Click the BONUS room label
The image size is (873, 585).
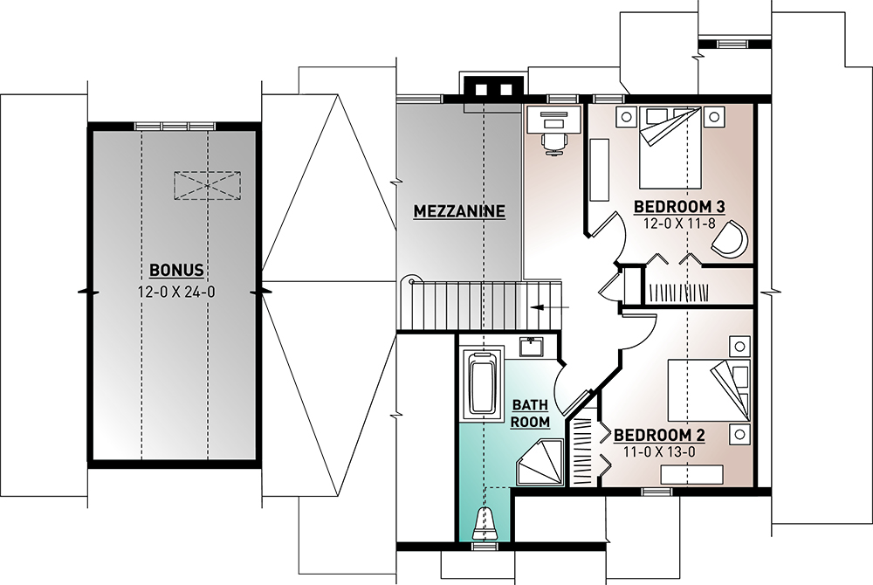(176, 271)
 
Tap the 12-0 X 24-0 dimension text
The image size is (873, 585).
(176, 292)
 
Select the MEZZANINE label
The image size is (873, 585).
(459, 211)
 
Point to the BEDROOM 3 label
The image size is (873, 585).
(679, 207)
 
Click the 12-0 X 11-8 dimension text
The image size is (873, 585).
(679, 224)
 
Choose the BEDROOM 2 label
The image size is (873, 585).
(659, 436)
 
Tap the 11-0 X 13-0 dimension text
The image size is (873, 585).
(659, 452)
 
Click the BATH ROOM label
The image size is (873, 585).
(530, 413)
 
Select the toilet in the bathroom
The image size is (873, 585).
(485, 524)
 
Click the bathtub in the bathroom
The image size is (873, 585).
(482, 382)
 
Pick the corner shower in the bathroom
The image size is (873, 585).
(540, 462)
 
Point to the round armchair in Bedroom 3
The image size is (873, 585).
(730, 238)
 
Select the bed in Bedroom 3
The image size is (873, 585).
(670, 148)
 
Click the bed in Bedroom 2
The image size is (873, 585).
(709, 390)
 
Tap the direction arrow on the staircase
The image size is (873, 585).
(549, 307)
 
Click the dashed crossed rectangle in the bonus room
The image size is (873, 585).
(207, 185)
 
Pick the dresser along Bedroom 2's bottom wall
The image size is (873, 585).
(692, 474)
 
